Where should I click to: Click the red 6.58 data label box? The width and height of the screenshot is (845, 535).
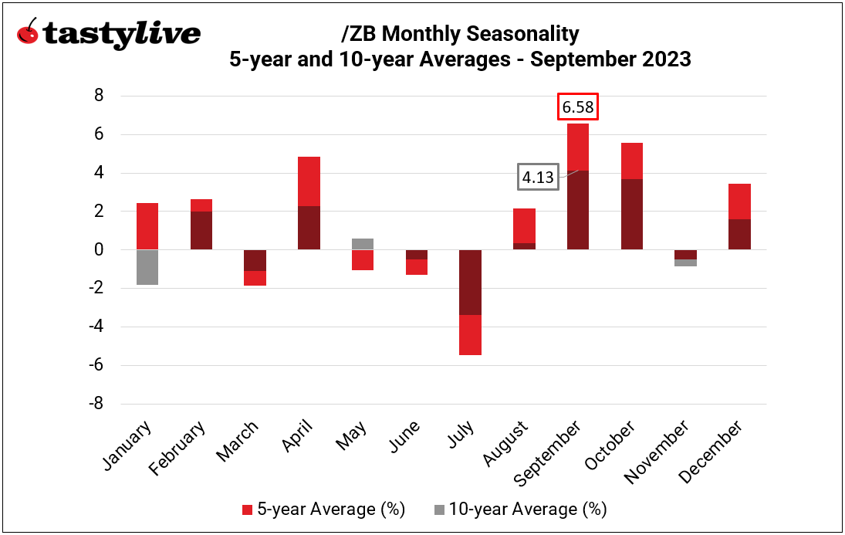coord(578,107)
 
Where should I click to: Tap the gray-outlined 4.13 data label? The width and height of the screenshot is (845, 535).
coord(538,177)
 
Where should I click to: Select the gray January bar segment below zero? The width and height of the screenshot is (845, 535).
coord(147,267)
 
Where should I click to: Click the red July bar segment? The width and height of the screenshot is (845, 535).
coord(470,334)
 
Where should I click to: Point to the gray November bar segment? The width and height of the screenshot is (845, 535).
coord(685,262)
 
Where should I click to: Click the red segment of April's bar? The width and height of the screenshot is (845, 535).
coord(309,181)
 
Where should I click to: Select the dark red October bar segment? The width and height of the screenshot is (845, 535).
coord(631,214)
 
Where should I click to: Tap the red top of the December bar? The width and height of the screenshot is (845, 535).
coord(739,201)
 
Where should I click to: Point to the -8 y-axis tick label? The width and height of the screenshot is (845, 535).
coord(97,404)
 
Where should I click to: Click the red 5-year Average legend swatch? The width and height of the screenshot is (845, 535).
coord(246,510)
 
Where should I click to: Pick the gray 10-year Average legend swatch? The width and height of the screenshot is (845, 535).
coord(439,510)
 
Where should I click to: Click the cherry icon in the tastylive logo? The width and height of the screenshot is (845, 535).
coord(29,33)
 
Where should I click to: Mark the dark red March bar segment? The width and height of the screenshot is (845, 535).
coord(255,260)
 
